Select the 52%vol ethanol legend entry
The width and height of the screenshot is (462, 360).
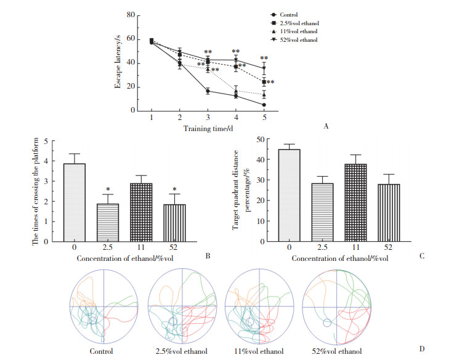[x=297, y=40]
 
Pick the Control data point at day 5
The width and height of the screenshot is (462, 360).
[x=264, y=105]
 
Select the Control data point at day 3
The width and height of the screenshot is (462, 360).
[x=208, y=91]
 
